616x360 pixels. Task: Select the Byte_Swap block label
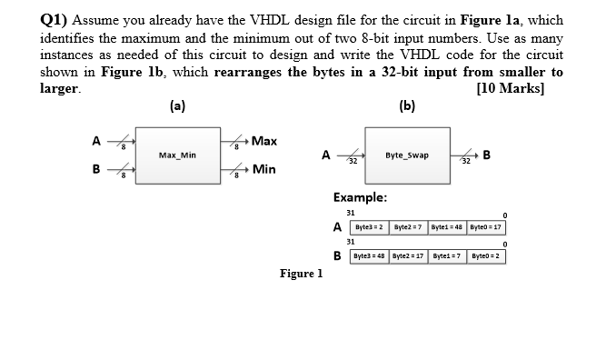tap(406, 155)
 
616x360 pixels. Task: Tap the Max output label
tap(264, 141)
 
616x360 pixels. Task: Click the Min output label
tap(264, 169)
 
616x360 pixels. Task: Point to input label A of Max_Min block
tap(95, 140)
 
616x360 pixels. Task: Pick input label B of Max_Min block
tap(95, 168)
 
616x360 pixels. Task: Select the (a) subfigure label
tap(177, 106)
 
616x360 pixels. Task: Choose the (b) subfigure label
tap(407, 106)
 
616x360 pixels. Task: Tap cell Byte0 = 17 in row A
tap(486, 226)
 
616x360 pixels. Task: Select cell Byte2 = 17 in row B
tap(412, 255)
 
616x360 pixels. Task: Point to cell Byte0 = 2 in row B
tap(486, 255)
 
